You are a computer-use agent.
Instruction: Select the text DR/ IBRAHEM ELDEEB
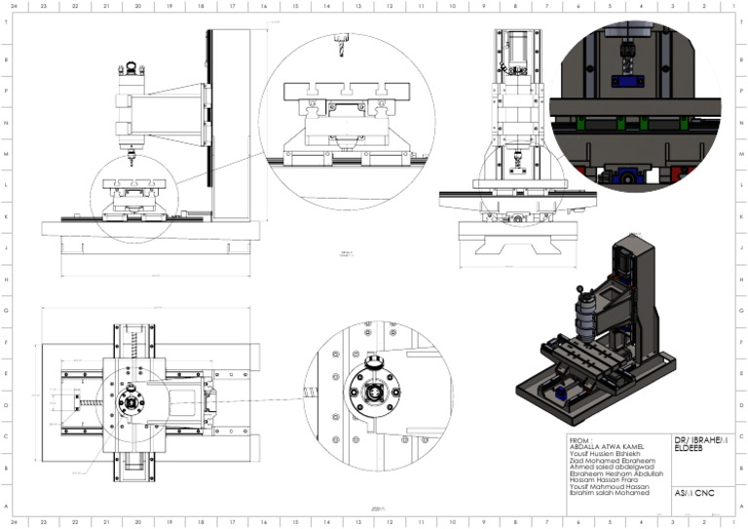pos(697,443)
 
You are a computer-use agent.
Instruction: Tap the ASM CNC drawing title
pos(694,493)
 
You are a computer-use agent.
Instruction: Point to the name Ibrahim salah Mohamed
pos(608,493)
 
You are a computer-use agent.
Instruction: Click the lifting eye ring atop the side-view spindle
pos(126,70)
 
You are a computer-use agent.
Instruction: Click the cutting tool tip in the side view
pos(128,156)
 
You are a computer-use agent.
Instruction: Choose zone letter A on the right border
pos(741,505)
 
